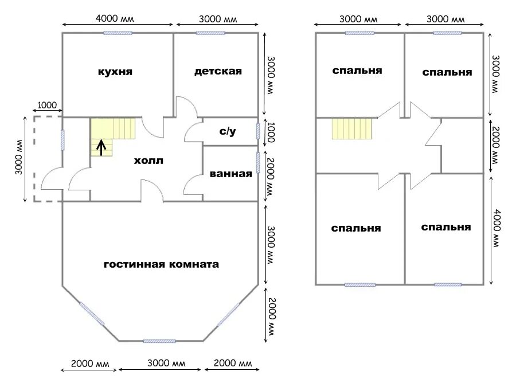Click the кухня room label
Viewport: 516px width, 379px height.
point(115,72)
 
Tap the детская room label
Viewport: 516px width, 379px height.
point(218,72)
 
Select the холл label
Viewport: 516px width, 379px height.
point(148,161)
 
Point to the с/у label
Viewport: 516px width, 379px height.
point(228,131)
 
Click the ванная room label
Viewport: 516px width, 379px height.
point(230,174)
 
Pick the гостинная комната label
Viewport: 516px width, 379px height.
point(161,264)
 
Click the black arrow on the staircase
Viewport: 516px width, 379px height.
point(101,148)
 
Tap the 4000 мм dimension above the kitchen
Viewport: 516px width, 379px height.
point(115,18)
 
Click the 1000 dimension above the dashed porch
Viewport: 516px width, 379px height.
point(47,106)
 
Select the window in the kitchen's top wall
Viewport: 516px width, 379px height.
point(118,33)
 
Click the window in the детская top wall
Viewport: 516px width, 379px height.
point(210,33)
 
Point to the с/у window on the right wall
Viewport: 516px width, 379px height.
point(258,131)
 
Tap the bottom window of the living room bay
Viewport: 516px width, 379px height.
point(159,341)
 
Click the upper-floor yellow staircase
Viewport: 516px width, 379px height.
point(352,128)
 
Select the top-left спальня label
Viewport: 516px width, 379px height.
point(357,71)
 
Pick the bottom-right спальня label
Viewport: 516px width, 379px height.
point(446,227)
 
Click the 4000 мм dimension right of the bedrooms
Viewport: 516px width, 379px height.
point(497,228)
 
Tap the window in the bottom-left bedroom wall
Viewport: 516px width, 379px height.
point(360,284)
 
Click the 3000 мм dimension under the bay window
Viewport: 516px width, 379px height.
point(166,363)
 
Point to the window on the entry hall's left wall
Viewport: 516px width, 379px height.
point(62,140)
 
